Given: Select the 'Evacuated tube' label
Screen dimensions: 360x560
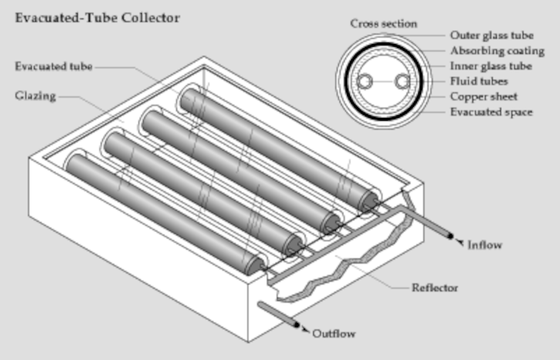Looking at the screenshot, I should pyautogui.click(x=53, y=66).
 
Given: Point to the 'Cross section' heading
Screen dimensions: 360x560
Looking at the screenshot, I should pyautogui.click(x=383, y=24).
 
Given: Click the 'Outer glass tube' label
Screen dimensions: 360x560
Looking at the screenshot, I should pyautogui.click(x=492, y=35).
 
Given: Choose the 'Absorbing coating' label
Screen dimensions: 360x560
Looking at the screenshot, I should pyautogui.click(x=497, y=51).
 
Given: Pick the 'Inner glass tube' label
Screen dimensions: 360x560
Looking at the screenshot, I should pyautogui.click(x=491, y=66).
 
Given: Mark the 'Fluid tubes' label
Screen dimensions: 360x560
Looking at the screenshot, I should pyautogui.click(x=478, y=82).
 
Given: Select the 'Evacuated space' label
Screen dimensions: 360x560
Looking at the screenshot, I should pyautogui.click(x=491, y=112).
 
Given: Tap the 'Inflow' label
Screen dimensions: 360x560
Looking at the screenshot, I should pyautogui.click(x=485, y=245).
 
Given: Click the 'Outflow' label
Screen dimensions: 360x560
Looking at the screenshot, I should pyautogui.click(x=333, y=333).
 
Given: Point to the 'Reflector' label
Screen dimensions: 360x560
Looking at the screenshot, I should pyautogui.click(x=434, y=287).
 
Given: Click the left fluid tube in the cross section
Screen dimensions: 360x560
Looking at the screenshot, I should pyautogui.click(x=364, y=82).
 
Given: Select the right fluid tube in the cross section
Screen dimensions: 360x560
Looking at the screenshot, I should pyautogui.click(x=402, y=82).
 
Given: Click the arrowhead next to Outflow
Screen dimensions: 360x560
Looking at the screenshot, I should pyautogui.click(x=305, y=331).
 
